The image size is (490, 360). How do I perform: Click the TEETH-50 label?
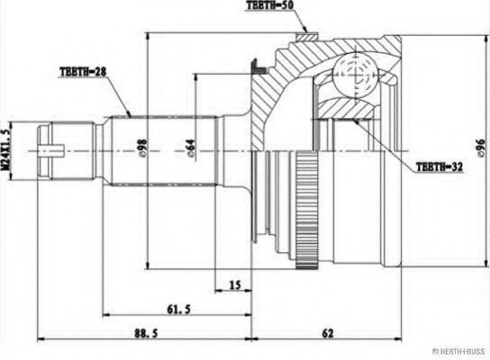pos(276,7)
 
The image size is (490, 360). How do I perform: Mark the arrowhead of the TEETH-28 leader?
pos(132,116)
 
